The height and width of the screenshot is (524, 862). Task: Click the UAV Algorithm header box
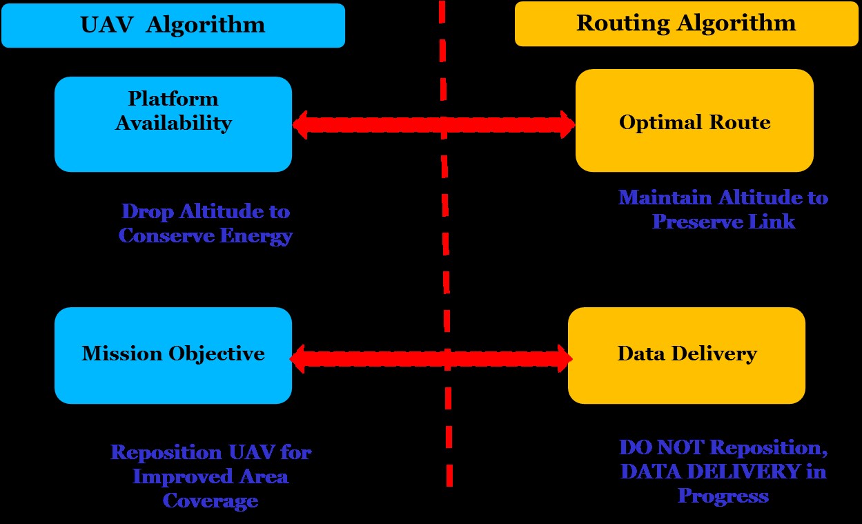coord(173,26)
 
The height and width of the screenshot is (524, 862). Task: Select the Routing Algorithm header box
coord(686,24)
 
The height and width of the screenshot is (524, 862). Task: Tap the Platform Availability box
coord(173,124)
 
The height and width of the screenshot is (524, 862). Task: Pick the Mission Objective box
coord(173,355)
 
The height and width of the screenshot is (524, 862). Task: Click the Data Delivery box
coord(686,355)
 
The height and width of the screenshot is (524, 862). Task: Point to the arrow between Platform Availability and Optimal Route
coord(433,125)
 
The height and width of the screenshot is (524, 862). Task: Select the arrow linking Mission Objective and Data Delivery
coord(431,359)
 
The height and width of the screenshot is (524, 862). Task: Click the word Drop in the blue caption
coord(144,211)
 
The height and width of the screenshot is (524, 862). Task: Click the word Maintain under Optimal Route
coord(665,198)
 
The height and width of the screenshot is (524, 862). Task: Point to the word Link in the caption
coord(774,222)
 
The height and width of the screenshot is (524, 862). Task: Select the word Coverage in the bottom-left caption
coord(210,501)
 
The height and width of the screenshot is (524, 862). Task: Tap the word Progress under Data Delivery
coord(723,496)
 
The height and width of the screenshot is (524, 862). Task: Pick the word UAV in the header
coord(103,26)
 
